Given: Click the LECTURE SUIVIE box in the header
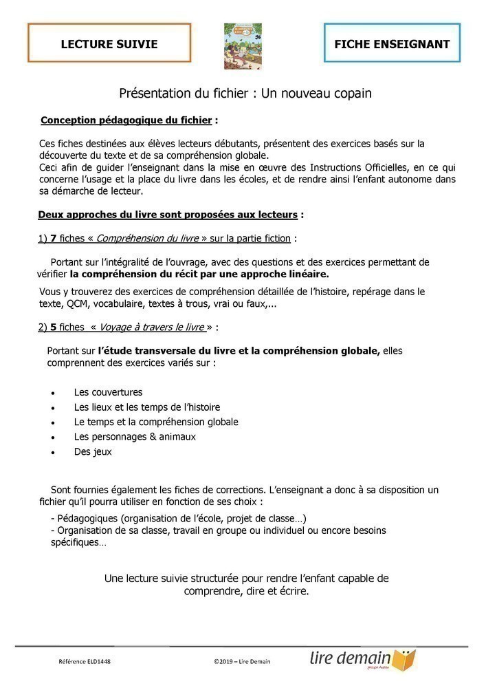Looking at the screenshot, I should pos(109,44).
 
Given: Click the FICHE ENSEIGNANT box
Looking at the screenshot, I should pos(392,44).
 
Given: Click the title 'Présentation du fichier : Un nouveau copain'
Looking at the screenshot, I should pos(245,93).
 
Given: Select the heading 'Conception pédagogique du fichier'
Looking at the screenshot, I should pos(126,120).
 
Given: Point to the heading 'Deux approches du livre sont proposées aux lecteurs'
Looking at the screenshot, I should pos(168,215).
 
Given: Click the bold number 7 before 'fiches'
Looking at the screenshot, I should pos(54,239).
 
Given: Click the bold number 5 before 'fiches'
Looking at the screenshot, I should pos(54,327).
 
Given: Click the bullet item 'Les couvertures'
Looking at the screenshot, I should pos(108,392).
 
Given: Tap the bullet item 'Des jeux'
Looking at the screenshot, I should pos(93,452).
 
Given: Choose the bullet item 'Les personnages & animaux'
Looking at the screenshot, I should pos(135,437).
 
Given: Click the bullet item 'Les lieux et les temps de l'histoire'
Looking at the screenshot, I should pos(147,407).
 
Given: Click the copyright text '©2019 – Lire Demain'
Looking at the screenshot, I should pos(242,662).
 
